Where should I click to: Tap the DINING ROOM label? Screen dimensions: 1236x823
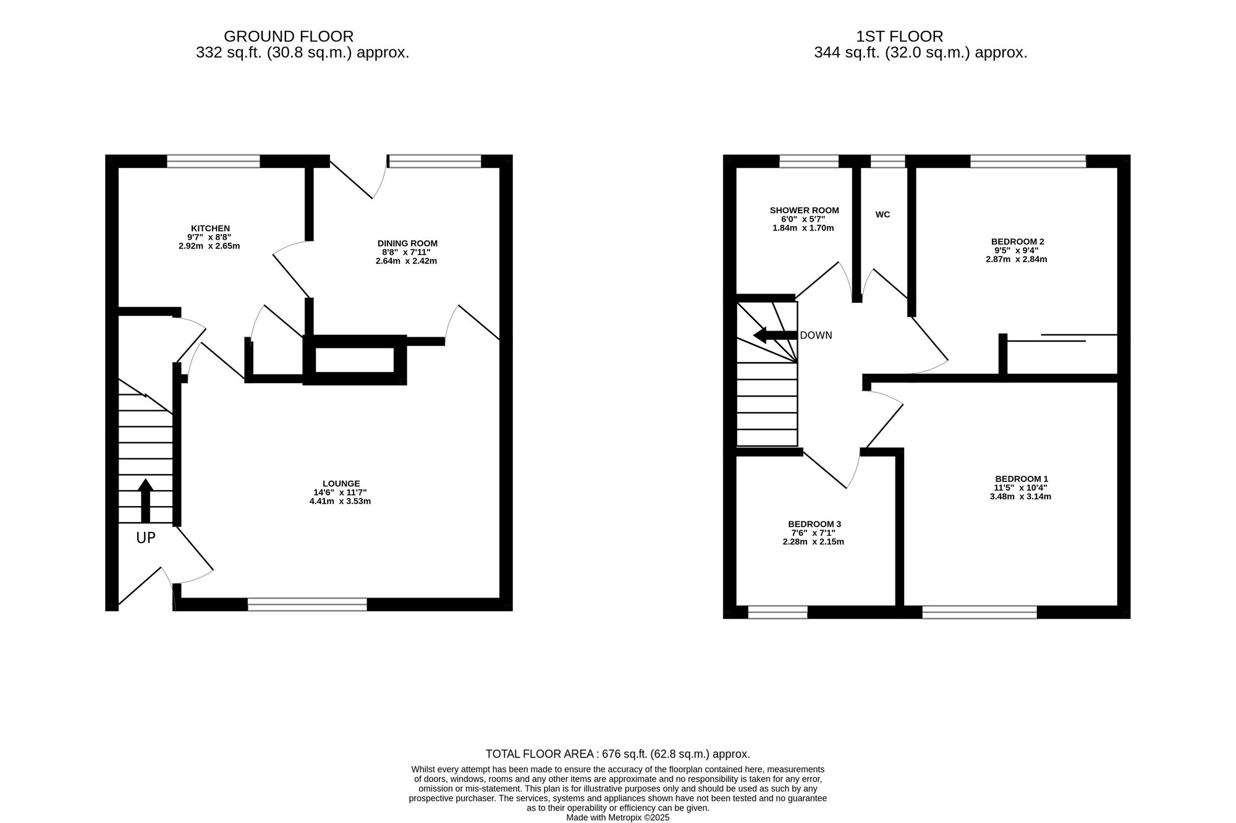407,243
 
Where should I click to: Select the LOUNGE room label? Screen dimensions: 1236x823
341,484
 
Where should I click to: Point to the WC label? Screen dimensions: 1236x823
883,214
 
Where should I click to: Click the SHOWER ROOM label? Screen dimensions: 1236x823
804,211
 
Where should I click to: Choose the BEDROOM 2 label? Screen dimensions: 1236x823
1017,242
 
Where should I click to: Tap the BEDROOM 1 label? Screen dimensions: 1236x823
1022,479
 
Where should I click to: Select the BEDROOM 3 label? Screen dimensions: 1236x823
814,524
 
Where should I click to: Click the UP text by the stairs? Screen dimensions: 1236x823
146,538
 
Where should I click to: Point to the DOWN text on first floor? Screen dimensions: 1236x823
816,336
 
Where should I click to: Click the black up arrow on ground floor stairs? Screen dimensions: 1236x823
145,500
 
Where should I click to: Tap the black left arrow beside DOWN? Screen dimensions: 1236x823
775,336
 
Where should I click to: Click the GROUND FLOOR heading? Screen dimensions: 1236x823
289,36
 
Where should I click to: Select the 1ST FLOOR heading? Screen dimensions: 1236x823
900,36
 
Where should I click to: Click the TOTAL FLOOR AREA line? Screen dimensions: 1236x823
618,754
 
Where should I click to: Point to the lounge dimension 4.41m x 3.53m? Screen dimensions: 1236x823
340,501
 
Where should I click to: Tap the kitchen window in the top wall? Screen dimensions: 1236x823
213,161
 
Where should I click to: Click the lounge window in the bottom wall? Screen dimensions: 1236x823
307,604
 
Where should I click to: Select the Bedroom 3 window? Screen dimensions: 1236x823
777,612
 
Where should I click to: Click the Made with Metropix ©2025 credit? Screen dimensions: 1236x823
618,817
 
